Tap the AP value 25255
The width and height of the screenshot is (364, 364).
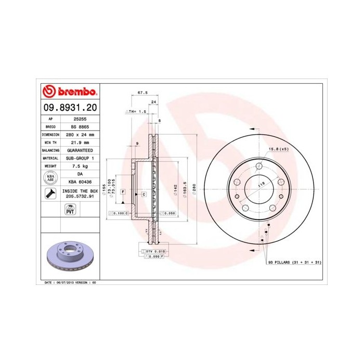(80, 119)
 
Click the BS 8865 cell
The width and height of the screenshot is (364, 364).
(80, 126)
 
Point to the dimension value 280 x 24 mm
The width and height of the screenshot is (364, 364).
(80, 134)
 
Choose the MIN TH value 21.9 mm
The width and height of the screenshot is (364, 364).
(80, 142)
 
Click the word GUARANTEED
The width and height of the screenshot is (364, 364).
(80, 150)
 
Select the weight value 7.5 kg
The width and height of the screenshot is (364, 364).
(80, 165)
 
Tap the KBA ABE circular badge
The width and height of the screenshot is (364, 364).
(50, 178)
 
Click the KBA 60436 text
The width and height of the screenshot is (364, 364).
(80, 181)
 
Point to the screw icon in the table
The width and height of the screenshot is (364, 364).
(50, 194)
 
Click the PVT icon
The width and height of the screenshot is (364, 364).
(69, 210)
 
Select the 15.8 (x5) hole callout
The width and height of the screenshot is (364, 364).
(278, 149)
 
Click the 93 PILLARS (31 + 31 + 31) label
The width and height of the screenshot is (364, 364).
(295, 263)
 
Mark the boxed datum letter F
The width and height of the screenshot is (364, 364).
(123, 192)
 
